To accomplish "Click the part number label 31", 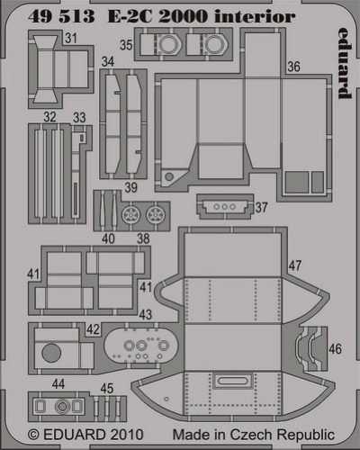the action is point(71,38).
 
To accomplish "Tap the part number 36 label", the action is point(293,67).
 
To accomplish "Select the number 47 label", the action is point(295,265).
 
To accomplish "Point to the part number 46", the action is point(335,348).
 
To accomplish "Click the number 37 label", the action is point(261,207).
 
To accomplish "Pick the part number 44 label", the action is point(58,383).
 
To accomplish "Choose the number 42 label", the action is point(93,329).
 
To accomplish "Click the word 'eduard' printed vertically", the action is point(344,63).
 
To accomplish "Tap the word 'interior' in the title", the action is point(255,16).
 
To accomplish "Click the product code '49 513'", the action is point(61,16).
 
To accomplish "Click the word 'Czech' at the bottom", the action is point(251,435).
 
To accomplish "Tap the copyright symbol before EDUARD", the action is point(33,435).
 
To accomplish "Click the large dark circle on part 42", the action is point(51,353).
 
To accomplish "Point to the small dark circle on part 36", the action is point(169,176).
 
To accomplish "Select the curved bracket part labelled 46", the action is point(309,348).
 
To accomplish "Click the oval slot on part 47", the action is point(232,381).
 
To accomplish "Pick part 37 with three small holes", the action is point(225,207).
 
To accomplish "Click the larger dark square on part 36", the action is point(296,182).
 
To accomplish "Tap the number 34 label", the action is point(108,61).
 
